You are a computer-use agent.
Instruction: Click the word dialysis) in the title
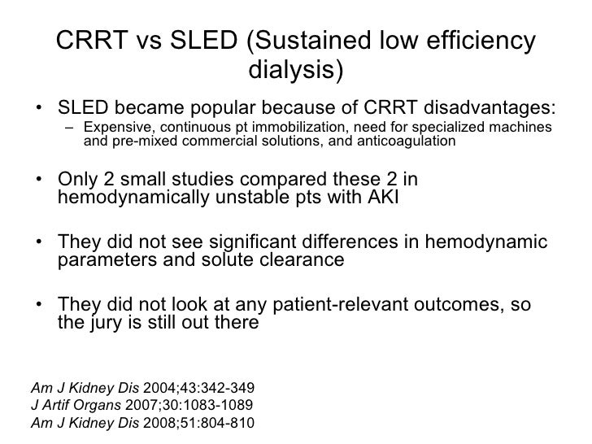pyautogui.click(x=295, y=72)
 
